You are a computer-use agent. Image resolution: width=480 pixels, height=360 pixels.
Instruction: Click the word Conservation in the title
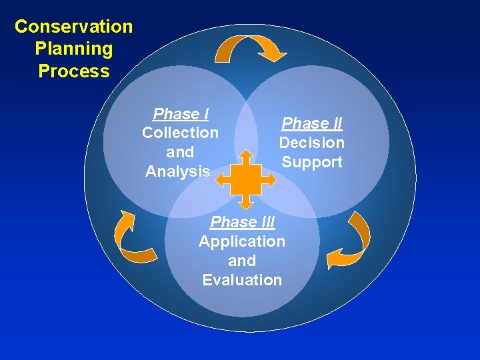73,27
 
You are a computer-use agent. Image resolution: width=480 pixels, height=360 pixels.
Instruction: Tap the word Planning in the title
73,49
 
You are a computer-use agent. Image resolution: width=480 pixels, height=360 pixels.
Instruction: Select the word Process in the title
73,71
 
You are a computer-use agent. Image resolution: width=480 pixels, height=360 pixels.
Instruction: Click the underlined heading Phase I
180,114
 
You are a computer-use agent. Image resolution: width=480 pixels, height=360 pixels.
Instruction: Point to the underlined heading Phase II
312,123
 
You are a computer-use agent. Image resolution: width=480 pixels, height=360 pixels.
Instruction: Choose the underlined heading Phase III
242,222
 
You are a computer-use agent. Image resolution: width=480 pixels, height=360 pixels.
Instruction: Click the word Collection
180,133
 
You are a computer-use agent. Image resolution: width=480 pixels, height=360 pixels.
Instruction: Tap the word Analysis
178,171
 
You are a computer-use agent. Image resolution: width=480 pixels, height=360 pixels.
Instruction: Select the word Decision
311,143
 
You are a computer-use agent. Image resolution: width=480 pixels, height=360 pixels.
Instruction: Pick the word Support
311,162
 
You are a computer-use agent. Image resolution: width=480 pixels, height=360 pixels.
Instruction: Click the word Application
242,241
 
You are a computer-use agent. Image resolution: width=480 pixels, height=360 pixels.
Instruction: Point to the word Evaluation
242,280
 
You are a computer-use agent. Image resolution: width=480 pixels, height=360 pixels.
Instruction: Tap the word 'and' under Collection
180,152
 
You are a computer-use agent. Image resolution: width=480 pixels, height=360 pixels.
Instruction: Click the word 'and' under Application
242,261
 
